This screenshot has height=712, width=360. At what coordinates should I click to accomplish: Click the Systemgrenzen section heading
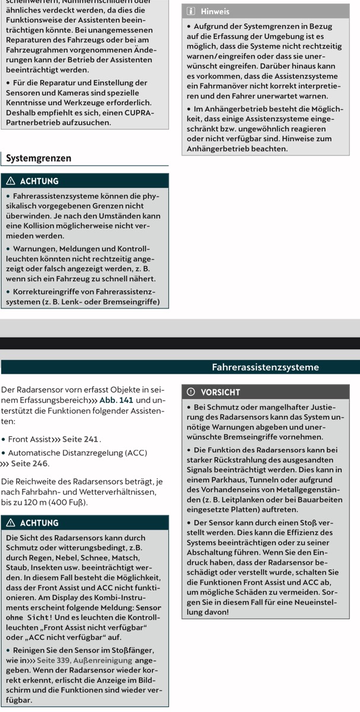[39, 158]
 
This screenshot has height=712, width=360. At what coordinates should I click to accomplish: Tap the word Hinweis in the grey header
[215, 11]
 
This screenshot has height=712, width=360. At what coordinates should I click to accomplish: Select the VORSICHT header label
[221, 392]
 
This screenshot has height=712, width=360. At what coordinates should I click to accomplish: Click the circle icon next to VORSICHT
[190, 392]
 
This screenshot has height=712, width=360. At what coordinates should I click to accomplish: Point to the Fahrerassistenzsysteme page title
[265, 367]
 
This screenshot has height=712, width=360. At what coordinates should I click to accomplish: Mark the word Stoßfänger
[128, 650]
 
